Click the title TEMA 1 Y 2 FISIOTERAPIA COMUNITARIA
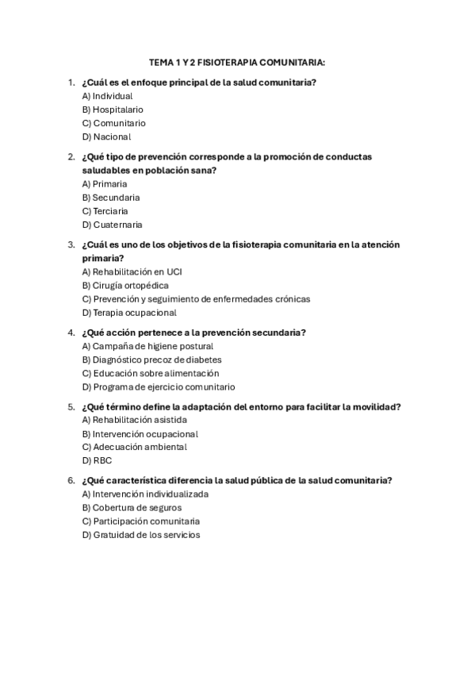tap(237, 62)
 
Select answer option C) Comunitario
tap(113, 123)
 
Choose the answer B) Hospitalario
tap(113, 110)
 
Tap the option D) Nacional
tap(106, 137)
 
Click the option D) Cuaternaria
tap(112, 225)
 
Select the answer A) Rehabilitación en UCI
tap(132, 271)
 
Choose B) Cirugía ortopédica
tap(125, 285)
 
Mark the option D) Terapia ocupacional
tap(129, 312)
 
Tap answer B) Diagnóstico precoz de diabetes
tap(151, 360)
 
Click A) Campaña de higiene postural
tap(147, 346)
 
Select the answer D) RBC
tap(92, 460)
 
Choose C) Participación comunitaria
tap(140, 521)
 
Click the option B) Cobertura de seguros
tap(132, 508)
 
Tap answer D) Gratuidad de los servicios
tap(141, 535)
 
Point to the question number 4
tap(71, 333)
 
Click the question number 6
tap(71, 480)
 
